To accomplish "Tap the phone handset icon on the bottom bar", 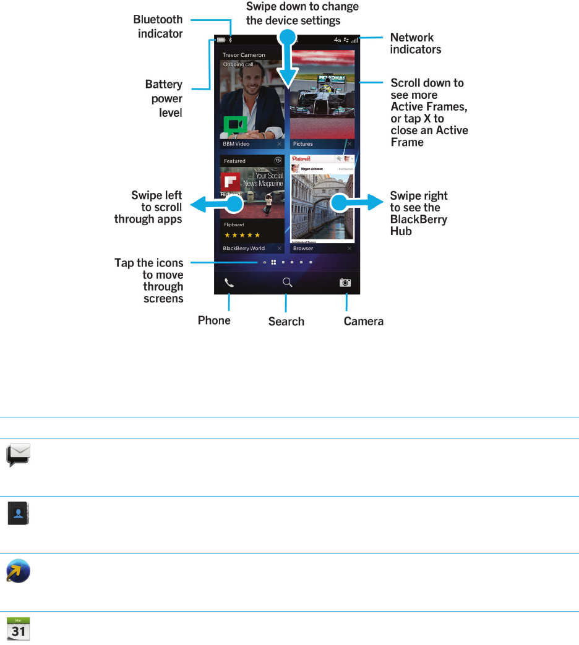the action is point(229,283).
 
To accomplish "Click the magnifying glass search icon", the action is point(287,283).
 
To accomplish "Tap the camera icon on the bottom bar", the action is point(345,283).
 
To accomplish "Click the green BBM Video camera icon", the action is point(235,126).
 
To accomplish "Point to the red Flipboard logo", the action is point(230,183).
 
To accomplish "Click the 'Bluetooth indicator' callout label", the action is point(158,27).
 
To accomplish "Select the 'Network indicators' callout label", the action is point(415,43).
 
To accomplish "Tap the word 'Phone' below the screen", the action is point(214,320).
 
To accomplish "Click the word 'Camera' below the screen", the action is point(364,321).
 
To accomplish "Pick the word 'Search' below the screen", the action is point(286,322).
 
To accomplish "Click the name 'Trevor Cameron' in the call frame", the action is point(244,55).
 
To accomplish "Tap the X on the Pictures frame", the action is point(350,143).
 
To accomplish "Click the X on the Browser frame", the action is point(350,249).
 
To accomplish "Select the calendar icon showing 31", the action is point(19,628).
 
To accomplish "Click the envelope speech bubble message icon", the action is point(19,456).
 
